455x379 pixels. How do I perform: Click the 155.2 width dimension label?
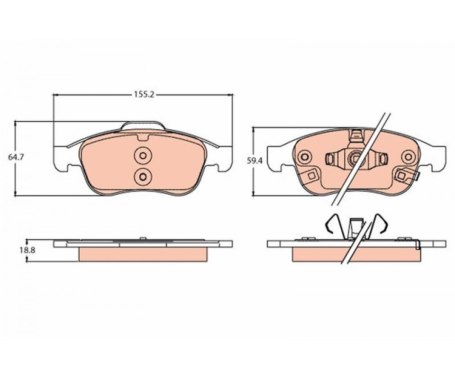(144, 95)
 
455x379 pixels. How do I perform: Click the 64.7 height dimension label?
(16, 157)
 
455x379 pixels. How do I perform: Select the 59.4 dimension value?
(255, 160)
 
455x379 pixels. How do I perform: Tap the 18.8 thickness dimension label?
(27, 250)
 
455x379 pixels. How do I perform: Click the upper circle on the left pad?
(143, 156)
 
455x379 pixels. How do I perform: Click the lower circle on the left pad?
(143, 176)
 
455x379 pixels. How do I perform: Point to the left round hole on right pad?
(304, 157)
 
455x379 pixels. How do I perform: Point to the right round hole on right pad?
(408, 157)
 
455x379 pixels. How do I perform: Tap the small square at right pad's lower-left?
(312, 175)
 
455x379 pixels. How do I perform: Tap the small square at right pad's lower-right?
(401, 175)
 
